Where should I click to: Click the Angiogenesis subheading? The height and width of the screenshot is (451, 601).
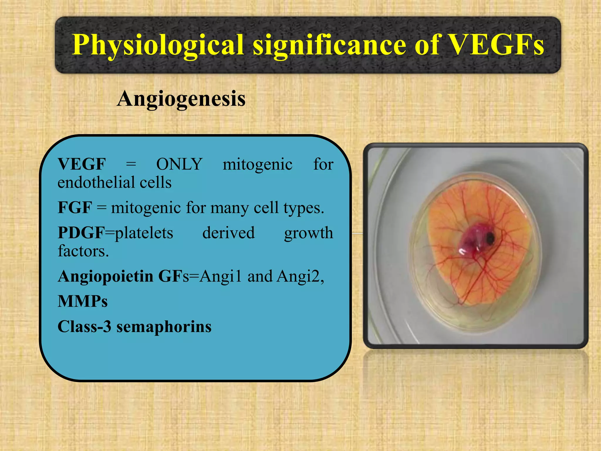[x=181, y=99]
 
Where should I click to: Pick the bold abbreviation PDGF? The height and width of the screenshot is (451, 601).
[x=81, y=233]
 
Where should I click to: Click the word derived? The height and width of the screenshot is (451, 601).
[x=228, y=233]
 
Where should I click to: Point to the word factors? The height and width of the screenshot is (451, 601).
[x=83, y=251]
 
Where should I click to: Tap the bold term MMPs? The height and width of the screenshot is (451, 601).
[x=82, y=301]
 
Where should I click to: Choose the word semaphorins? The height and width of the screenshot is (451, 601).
[x=164, y=327]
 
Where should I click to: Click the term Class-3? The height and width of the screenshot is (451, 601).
[x=85, y=327]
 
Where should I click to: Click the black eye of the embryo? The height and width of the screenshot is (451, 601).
[x=490, y=237]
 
